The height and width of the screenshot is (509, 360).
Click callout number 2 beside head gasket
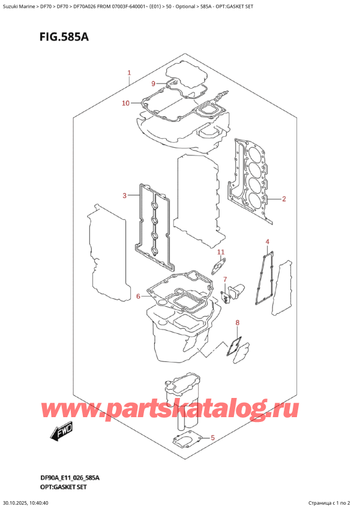[x=284, y=199]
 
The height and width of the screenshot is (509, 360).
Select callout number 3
[x=124, y=196]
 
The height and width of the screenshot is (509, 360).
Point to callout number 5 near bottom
[x=212, y=438]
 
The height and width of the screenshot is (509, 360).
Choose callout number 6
[x=138, y=296]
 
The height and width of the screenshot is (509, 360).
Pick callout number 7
[x=225, y=280]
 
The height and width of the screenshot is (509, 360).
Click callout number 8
[x=237, y=323]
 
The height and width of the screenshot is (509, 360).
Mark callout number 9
[x=153, y=83]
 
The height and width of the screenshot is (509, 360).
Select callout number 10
[x=125, y=103]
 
